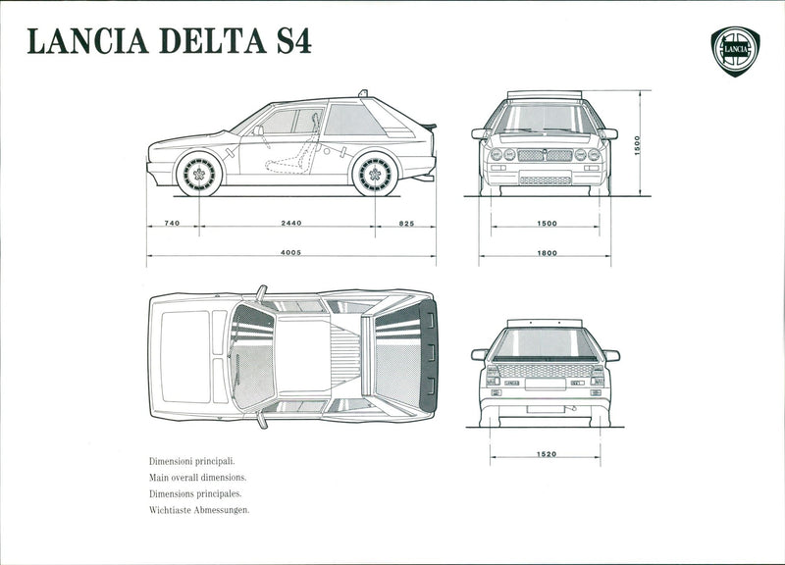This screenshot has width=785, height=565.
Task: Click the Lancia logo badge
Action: [x=735, y=50]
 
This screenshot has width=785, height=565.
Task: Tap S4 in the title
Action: [x=288, y=42]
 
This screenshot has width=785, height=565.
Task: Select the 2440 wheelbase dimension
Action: [x=290, y=224]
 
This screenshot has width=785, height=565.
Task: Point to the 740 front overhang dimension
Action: [x=172, y=224]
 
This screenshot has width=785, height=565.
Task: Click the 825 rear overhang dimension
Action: [x=406, y=224]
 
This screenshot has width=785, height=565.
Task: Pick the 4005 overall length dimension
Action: [x=290, y=253]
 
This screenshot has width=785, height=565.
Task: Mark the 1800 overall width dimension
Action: [x=547, y=253]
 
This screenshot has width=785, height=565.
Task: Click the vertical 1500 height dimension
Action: [x=637, y=143]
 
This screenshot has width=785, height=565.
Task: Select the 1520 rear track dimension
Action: [x=547, y=454]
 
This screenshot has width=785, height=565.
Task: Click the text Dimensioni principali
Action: [x=192, y=460]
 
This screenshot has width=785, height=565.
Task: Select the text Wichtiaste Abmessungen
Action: [x=199, y=511]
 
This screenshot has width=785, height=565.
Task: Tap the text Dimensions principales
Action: [x=195, y=494]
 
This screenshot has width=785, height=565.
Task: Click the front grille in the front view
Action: [x=545, y=155]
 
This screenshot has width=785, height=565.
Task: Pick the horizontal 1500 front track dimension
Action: [x=547, y=224]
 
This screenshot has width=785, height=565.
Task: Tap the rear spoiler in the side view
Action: [x=428, y=127]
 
